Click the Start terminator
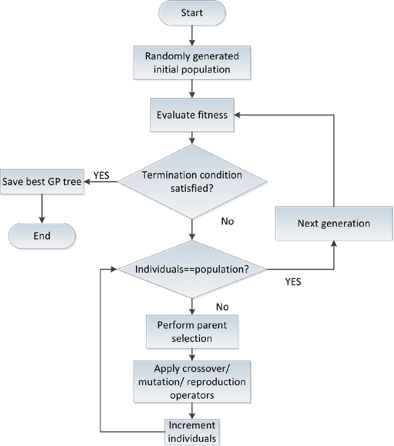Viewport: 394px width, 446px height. click(x=193, y=14)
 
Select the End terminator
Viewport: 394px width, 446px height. click(x=42, y=236)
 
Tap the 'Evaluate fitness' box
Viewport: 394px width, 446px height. click(x=193, y=115)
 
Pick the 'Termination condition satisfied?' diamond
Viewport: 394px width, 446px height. click(x=193, y=181)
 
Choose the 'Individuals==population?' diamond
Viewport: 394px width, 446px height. click(x=193, y=269)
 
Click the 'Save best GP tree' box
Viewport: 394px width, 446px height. click(x=41, y=182)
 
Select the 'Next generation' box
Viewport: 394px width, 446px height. click(x=334, y=223)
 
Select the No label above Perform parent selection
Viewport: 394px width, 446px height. click(x=223, y=306)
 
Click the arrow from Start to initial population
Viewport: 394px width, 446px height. click(x=193, y=37)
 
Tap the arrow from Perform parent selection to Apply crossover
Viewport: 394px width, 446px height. click(x=193, y=354)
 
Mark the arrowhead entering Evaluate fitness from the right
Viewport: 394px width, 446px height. click(x=239, y=115)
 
